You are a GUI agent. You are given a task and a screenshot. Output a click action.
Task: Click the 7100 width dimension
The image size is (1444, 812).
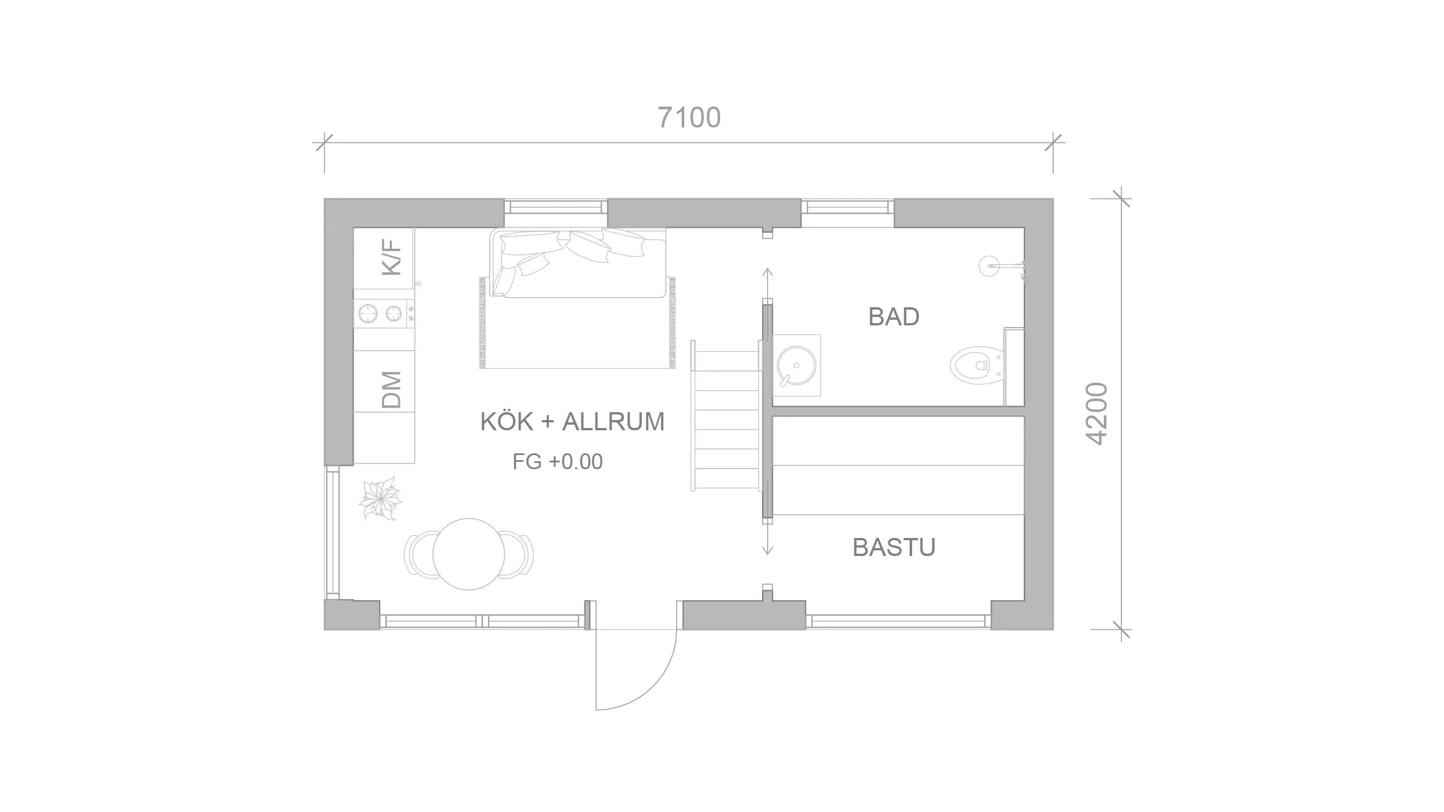pos(689,118)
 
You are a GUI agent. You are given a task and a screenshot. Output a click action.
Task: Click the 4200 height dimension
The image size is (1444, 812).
pos(1098,414)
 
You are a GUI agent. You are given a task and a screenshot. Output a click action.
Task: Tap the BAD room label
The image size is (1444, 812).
pos(893,317)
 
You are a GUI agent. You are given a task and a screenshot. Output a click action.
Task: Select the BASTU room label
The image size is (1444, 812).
pos(893,547)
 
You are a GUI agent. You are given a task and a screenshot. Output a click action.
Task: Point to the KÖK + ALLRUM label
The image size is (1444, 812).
pos(572,422)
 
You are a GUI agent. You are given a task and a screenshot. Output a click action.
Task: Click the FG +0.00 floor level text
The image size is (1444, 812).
pos(557,462)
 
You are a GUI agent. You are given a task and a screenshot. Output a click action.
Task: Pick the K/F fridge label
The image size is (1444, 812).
pos(391,257)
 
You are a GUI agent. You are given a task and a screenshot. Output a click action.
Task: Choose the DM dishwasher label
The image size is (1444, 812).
pos(391,389)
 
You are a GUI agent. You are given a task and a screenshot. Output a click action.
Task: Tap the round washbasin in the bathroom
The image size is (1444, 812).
pos(796,365)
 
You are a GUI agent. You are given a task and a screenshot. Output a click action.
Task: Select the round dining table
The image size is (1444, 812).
pos(469,554)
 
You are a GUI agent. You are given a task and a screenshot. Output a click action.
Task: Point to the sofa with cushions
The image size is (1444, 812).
pos(578,263)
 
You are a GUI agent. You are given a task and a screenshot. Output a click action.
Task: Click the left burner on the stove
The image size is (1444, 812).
pos(368,313)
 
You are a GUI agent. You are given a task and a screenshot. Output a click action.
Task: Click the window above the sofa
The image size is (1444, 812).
pos(556,207)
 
